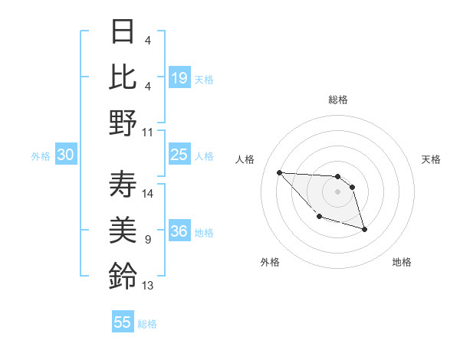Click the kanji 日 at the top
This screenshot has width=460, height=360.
point(123,31)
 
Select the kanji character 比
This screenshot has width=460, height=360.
point(123,77)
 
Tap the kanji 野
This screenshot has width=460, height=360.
point(123,123)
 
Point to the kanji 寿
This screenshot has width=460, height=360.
point(123,184)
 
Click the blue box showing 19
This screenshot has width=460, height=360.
point(179,78)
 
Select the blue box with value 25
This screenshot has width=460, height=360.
point(179,155)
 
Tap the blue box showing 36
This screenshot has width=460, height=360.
point(179,231)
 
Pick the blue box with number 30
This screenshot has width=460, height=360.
point(65,155)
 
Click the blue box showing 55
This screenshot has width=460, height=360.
point(123,322)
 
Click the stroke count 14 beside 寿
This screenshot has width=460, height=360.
point(148,194)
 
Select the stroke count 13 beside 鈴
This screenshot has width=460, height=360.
point(148,286)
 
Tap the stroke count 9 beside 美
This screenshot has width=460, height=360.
point(147,240)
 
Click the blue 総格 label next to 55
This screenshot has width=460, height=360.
point(147,324)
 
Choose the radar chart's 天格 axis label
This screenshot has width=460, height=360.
point(431,159)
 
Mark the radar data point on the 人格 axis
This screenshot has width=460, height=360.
point(279,172)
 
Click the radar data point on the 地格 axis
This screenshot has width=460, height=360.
point(364,229)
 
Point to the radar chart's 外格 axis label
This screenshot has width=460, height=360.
point(269,263)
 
